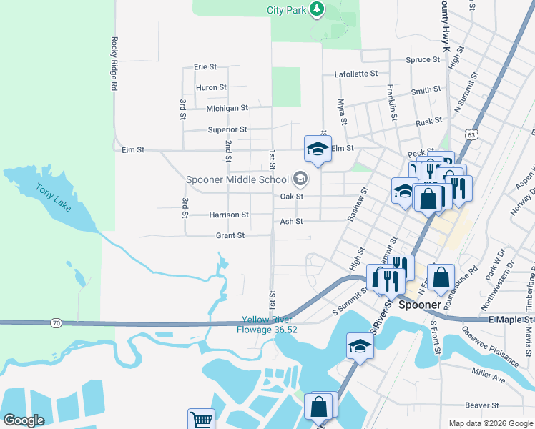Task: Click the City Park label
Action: coord(286,10)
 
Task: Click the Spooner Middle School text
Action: coord(237,179)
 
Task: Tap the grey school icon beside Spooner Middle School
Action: coord(300,179)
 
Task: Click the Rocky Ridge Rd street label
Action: coord(113,64)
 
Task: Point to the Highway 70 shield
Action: coord(55,323)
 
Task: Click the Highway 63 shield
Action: coord(469,134)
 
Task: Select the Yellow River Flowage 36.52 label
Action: coord(269,325)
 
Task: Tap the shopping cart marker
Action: coord(201,420)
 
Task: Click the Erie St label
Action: coord(205,66)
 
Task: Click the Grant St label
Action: coord(230,235)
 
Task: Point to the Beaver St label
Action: coord(481,405)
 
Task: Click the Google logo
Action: coord(24,420)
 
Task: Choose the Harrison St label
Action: coord(229,214)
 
